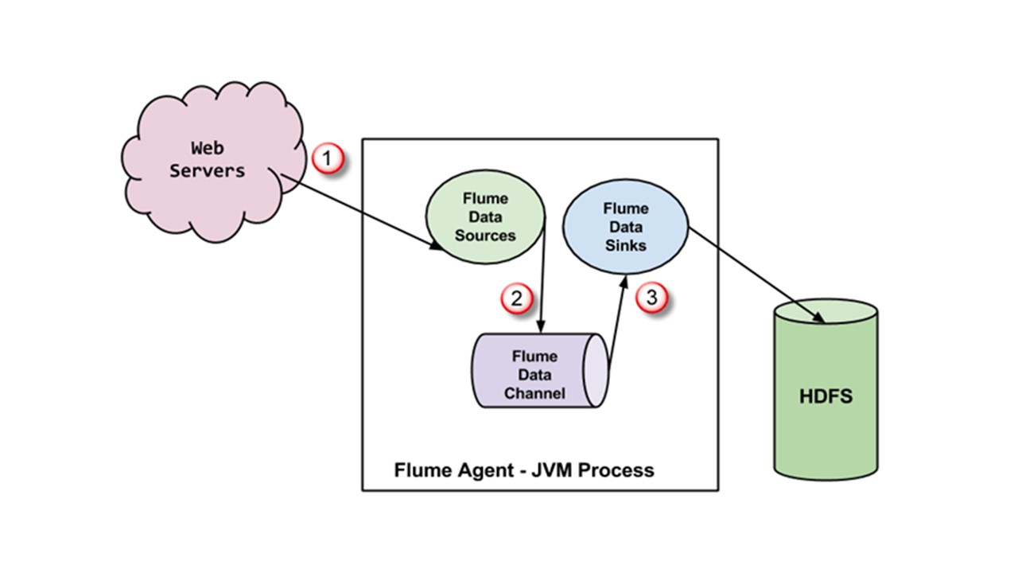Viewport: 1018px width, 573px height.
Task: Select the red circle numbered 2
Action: (x=516, y=298)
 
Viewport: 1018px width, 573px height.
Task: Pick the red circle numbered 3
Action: (x=651, y=298)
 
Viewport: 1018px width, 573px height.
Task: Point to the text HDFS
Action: (x=826, y=396)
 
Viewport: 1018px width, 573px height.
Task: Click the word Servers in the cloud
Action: (x=207, y=170)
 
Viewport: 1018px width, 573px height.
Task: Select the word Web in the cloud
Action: (x=207, y=148)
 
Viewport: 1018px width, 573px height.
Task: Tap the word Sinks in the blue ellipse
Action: (x=626, y=246)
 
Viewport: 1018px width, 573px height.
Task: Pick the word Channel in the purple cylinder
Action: (x=534, y=393)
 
